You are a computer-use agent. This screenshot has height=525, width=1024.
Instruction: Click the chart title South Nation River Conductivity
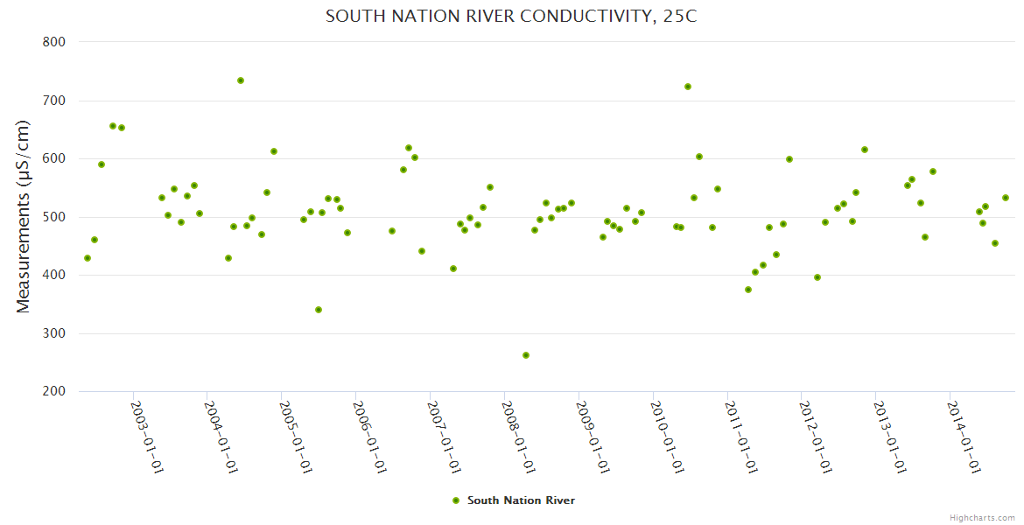click(x=511, y=17)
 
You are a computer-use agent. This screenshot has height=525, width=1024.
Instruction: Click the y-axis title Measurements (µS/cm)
click(x=24, y=216)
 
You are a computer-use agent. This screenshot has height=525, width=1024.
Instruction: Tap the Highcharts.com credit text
click(x=982, y=517)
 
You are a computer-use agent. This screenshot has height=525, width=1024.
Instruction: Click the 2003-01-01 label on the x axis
click(x=148, y=437)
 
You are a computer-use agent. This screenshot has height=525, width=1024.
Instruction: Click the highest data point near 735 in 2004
click(x=241, y=80)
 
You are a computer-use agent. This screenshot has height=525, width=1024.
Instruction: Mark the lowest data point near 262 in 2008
click(x=526, y=355)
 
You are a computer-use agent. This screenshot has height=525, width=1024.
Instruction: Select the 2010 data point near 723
click(x=688, y=87)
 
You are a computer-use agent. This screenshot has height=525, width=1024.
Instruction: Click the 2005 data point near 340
click(x=319, y=310)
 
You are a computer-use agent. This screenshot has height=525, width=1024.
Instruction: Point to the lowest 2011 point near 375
click(x=748, y=290)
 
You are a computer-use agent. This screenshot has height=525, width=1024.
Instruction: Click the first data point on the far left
click(x=88, y=258)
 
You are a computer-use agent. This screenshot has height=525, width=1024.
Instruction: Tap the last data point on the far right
click(x=1006, y=198)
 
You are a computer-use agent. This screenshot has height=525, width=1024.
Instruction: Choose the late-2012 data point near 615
click(x=865, y=150)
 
